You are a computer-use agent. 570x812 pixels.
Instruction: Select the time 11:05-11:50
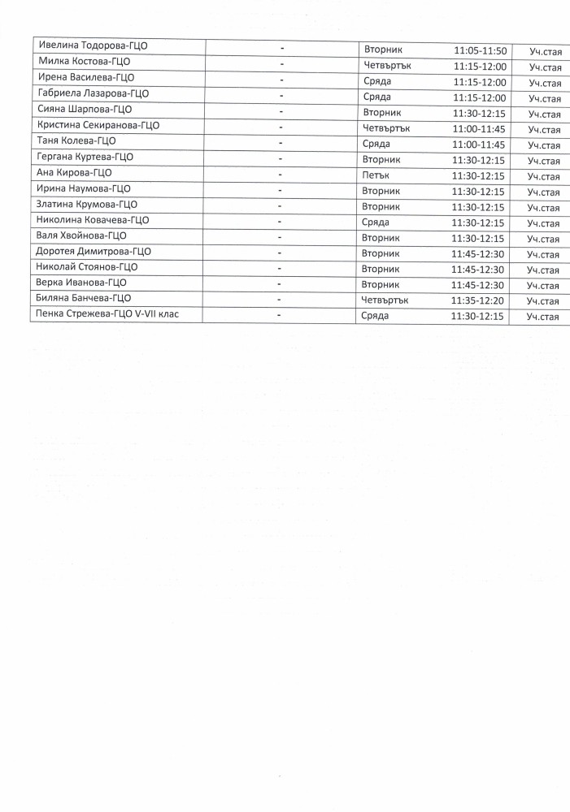click(480, 51)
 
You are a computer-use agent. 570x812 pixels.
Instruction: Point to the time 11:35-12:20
click(478, 300)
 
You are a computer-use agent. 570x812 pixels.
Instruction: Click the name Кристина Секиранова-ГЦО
click(98, 125)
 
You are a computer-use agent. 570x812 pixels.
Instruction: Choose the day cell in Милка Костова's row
click(387, 66)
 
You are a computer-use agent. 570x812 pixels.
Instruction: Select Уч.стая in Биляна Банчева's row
click(543, 301)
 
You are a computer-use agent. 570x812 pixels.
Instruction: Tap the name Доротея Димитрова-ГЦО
click(94, 251)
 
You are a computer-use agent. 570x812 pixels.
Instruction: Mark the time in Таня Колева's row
click(479, 145)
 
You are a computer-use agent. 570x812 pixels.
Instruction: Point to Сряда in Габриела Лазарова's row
click(376, 97)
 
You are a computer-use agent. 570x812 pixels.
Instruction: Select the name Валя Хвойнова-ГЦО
click(82, 235)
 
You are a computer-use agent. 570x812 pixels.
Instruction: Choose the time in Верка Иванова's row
click(478, 285)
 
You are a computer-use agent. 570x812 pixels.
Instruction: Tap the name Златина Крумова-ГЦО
click(87, 204)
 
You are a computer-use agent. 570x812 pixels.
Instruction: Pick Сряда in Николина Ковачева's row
click(376, 222)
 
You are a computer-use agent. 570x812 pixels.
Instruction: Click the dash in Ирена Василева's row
click(281, 80)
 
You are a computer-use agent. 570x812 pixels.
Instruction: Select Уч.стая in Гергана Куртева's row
click(543, 161)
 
